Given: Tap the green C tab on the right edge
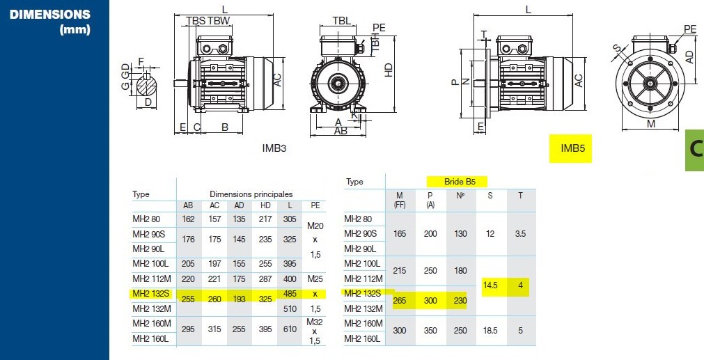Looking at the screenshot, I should click(x=695, y=149).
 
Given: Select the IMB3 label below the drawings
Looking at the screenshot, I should click(x=274, y=148).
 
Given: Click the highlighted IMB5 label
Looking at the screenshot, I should click(x=570, y=148).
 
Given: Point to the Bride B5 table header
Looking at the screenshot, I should click(x=455, y=181).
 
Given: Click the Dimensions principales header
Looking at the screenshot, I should click(x=251, y=194).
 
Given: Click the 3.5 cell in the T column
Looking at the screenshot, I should click(x=520, y=233).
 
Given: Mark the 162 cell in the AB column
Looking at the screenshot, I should click(x=188, y=219).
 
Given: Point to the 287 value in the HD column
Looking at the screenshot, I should click(x=265, y=279).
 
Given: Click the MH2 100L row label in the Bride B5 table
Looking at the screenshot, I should click(x=362, y=263).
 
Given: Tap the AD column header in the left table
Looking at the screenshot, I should click(x=240, y=205).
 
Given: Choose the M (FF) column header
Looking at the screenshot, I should click(x=400, y=199).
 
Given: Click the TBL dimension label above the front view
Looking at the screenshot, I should click(x=341, y=21).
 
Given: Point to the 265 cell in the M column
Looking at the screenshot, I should click(x=400, y=300).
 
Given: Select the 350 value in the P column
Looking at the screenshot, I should click(x=430, y=331).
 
